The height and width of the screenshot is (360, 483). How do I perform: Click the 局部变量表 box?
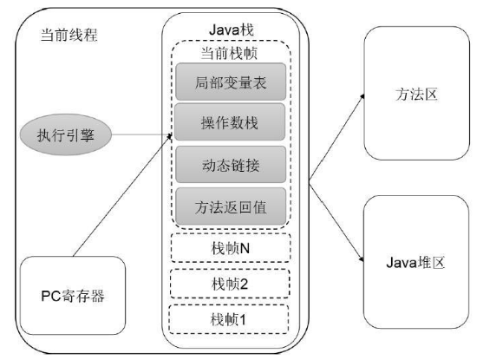[x=232, y=84]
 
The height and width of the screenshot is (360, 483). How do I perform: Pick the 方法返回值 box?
[x=232, y=206]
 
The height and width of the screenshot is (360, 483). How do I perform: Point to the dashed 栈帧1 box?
[x=232, y=317]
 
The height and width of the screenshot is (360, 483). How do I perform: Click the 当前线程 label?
[x=67, y=36]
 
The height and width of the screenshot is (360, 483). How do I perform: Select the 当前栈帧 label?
[x=231, y=53]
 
